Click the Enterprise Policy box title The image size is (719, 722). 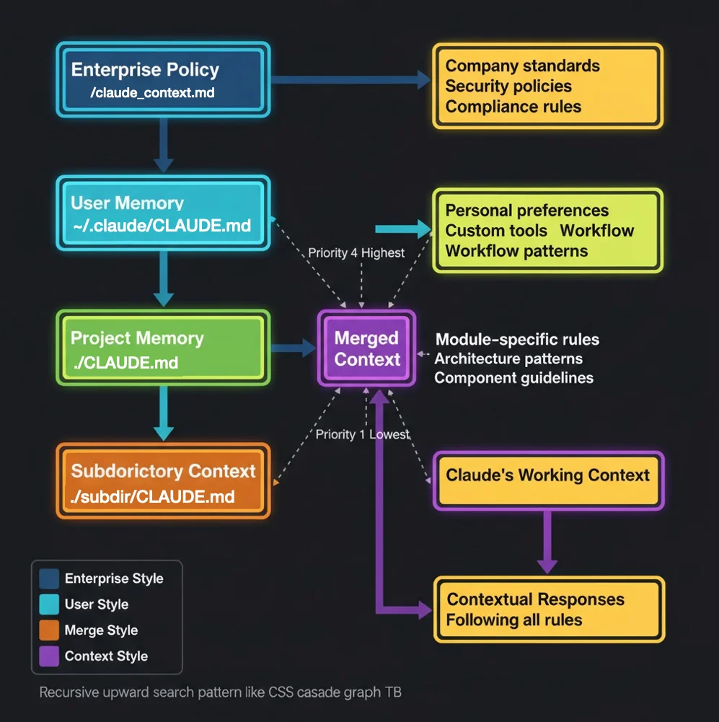coord(145,70)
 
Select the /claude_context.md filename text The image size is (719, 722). coord(152,93)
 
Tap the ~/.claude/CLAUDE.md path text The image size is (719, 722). coord(162,226)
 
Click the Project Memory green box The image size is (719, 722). coord(163,349)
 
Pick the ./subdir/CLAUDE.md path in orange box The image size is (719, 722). coord(153,497)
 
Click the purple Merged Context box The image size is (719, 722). coord(367,348)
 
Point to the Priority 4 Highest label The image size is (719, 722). coord(356,253)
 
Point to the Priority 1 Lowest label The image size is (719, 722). coord(362,434)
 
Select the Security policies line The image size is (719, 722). coord(508,87)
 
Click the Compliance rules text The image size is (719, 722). coord(513,107)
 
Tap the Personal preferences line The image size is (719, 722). coord(526,211)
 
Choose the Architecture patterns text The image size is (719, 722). coord(508,358)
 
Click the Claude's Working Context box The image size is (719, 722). coord(547,476)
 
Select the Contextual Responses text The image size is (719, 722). coord(535,599)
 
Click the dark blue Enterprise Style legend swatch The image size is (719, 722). coord(50,578)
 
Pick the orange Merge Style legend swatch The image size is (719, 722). coord(50,630)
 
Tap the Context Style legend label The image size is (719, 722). coord(106,656)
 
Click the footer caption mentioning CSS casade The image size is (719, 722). coord(220,692)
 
